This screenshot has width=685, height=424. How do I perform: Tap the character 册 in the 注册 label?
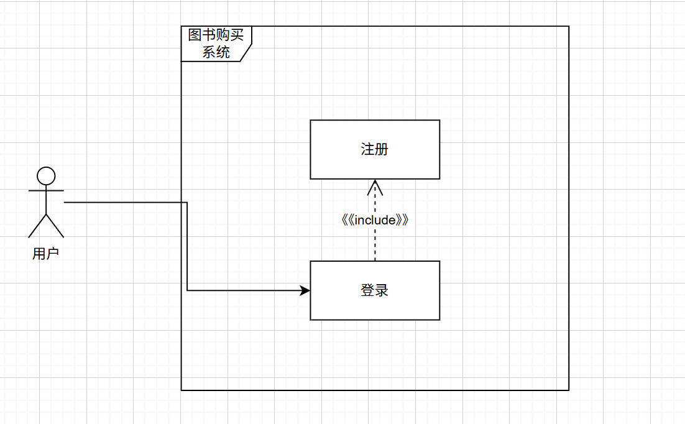(382, 149)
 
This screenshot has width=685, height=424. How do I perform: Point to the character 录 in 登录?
(382, 290)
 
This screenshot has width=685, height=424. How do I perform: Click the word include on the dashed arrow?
(375, 220)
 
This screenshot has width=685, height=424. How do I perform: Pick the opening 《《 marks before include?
(347, 220)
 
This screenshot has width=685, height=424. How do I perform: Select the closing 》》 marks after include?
(402, 220)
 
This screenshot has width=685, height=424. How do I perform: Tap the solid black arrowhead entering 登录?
(305, 290)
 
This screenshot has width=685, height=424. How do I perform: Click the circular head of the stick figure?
(46, 176)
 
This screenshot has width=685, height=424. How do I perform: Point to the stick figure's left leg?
(37, 226)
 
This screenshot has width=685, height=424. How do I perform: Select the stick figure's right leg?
(55, 226)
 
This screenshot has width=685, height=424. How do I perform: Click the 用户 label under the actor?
(46, 254)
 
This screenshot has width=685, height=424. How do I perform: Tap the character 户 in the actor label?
(53, 254)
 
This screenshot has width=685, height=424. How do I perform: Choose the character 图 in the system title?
(195, 35)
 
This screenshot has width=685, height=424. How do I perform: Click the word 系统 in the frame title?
(216, 52)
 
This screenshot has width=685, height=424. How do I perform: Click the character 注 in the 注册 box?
(368, 149)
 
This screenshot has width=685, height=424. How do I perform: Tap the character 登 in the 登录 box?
(368, 290)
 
